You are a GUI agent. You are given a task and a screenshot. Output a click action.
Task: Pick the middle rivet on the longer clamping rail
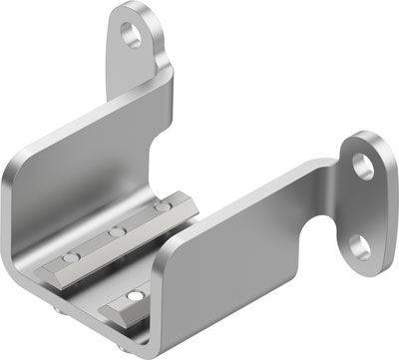(x=118, y=232)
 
